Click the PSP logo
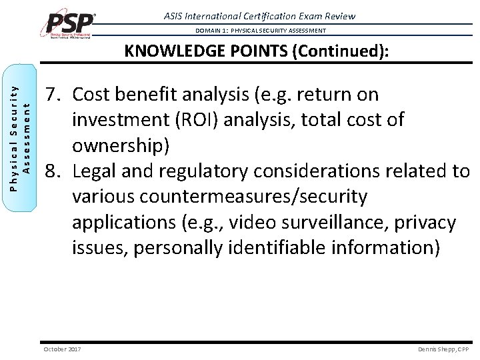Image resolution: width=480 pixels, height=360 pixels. point(70,24)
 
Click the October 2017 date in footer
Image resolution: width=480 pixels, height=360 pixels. point(62,349)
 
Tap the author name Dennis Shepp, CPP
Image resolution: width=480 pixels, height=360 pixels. point(443,349)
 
